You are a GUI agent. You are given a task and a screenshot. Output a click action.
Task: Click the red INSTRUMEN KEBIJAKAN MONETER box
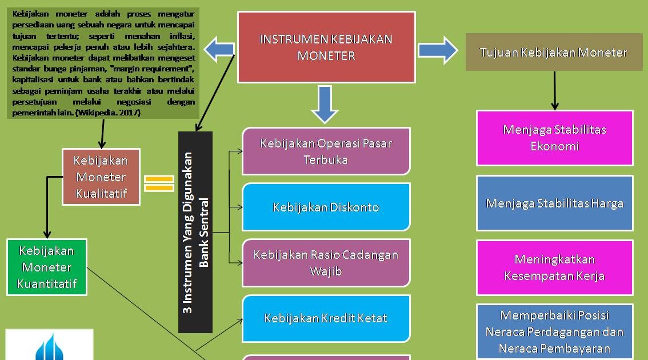coord(326,47)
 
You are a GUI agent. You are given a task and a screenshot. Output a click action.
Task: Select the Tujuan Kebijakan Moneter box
coord(554,53)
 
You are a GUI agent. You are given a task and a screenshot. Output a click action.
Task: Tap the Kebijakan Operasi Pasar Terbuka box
coord(326,151)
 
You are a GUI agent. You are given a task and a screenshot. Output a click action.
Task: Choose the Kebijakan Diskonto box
coord(326,207)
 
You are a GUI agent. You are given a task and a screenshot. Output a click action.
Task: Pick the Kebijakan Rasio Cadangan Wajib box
coord(326,263)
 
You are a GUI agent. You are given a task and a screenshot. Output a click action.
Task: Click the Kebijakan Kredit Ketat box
coord(326,318)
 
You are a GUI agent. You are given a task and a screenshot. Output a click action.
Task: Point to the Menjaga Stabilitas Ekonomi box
coord(554,138)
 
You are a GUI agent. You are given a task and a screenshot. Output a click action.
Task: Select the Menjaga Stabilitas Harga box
coord(554,203)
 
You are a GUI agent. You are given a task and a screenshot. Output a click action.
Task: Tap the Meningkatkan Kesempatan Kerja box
coord(554,267)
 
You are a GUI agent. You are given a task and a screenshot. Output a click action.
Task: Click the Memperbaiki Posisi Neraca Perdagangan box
coord(554,332)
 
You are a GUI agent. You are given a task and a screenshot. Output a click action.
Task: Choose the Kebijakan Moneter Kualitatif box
coord(101,177)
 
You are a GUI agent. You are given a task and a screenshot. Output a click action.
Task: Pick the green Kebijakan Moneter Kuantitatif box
coord(47,267)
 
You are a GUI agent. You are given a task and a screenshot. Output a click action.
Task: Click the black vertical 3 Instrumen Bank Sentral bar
coord(195,232)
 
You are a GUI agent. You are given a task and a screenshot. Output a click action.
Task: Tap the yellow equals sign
coord(159,183)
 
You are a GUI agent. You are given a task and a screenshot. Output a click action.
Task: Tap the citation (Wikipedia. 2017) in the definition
coord(108,113)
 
